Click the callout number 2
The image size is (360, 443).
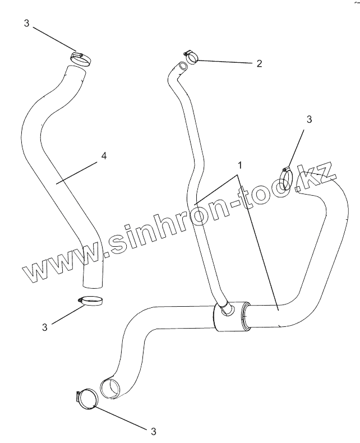tap(259, 63)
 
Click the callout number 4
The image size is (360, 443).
tap(103, 156)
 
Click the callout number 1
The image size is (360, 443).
tap(239, 165)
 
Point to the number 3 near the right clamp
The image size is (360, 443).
tap(309, 119)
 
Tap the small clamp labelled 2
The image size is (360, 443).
tap(191, 57)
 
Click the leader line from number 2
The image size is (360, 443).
tap(224, 62)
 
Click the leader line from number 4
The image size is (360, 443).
tap(78, 171)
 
